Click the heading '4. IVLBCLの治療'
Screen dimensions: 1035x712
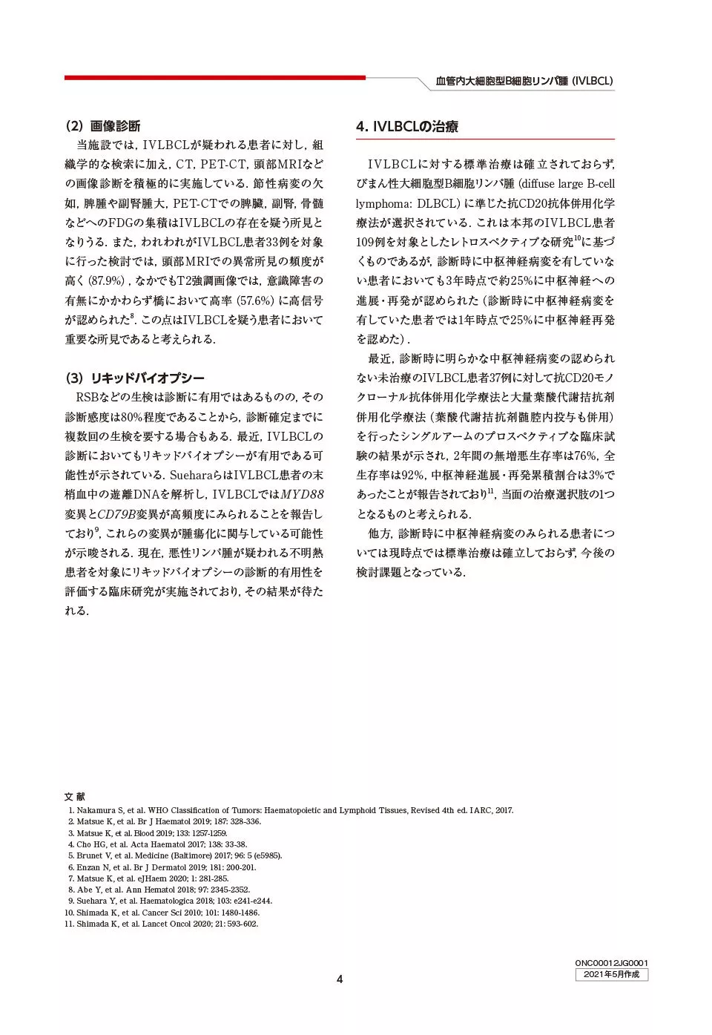click(406, 127)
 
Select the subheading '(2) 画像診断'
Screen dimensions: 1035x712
click(103, 126)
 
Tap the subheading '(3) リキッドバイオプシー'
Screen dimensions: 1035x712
click(135, 378)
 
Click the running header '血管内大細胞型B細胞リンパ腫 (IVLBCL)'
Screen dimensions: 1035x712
click(524, 81)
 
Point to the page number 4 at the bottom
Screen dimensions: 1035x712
click(340, 979)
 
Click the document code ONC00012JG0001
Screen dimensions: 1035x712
click(611, 963)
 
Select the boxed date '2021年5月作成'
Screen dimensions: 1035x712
click(611, 974)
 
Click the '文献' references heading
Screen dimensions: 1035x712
click(74, 797)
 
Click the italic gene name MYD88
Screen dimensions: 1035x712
click(302, 495)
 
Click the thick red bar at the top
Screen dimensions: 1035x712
click(214, 77)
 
